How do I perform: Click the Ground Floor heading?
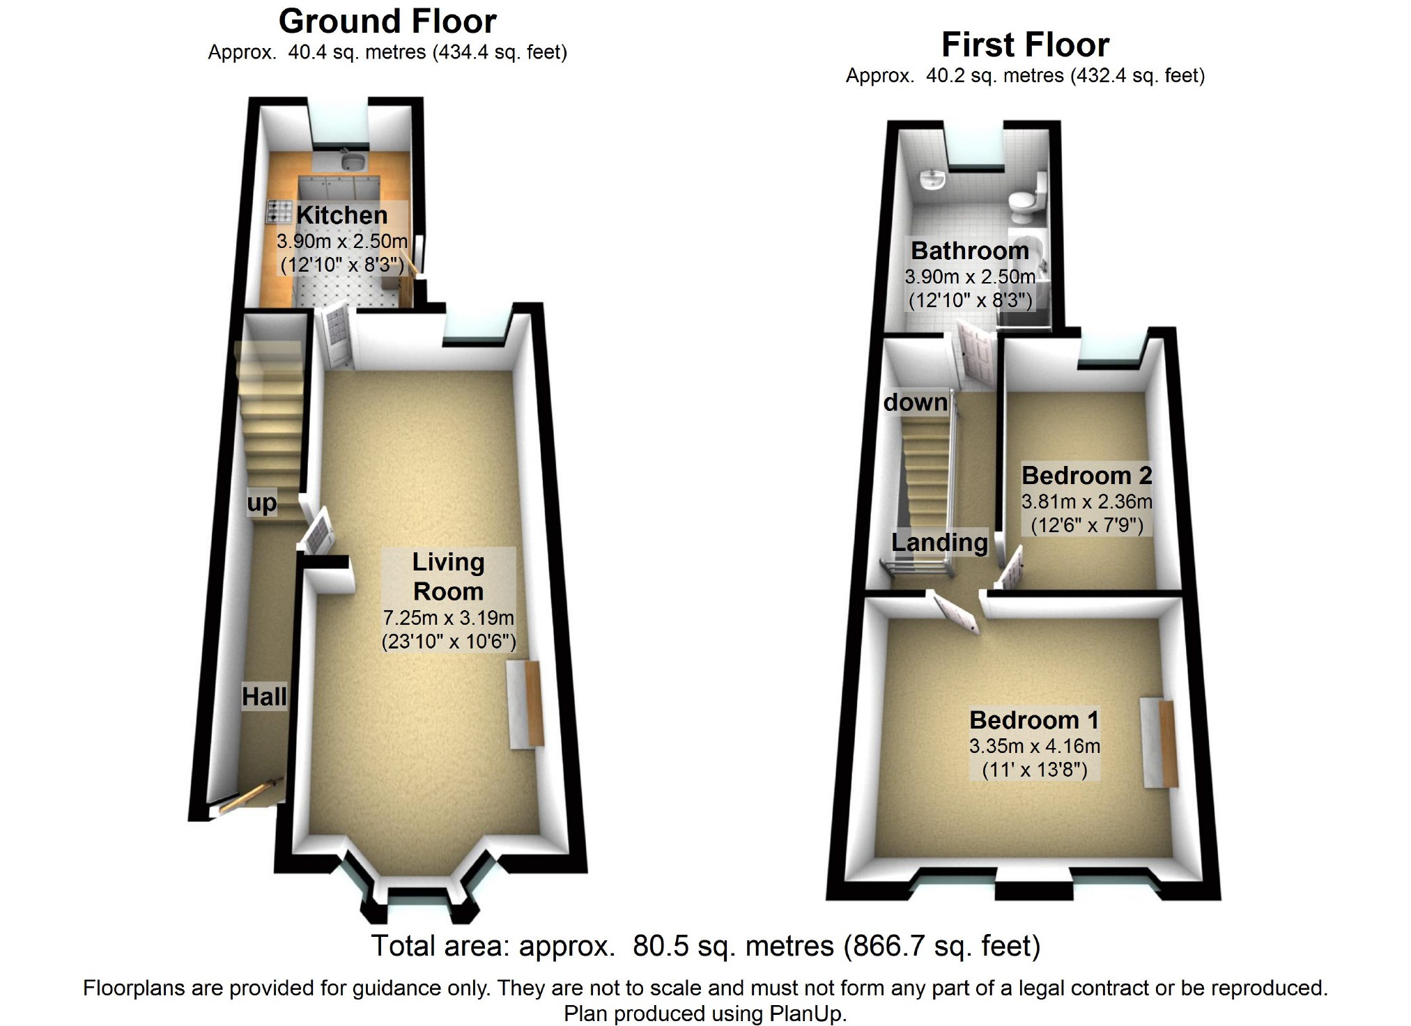[387, 22]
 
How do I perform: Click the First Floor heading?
[1025, 45]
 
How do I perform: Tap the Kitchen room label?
[341, 215]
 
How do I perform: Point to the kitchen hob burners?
[279, 212]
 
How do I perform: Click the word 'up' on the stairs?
[262, 502]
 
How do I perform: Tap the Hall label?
[264, 697]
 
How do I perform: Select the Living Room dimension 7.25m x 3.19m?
[448, 618]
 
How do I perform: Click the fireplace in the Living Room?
[526, 704]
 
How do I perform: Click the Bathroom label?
[969, 251]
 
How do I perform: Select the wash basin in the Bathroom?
[931, 180]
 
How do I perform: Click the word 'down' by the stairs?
[916, 403]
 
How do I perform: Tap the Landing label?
[939, 543]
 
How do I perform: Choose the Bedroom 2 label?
[1086, 476]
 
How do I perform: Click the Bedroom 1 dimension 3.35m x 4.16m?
[1034, 747]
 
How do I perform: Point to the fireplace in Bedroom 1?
[1160, 743]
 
